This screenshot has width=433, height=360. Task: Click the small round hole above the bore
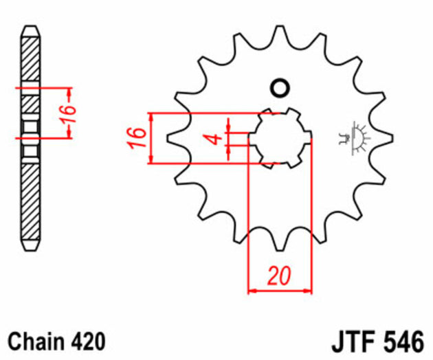pos(280,88)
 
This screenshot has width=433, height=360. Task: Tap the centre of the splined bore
pos(280,137)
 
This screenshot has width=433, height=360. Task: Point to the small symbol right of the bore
pos(354,137)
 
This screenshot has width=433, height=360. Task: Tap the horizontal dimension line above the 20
pos(279,291)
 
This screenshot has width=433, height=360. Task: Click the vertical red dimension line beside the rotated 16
pos(69,113)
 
